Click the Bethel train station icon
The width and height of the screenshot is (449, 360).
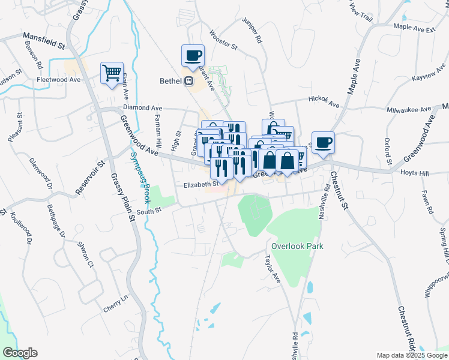tap(188, 81)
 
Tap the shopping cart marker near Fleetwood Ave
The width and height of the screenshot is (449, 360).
tap(112, 74)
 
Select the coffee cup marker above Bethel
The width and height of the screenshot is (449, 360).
tap(193, 56)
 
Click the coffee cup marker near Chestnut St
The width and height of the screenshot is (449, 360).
tap(323, 142)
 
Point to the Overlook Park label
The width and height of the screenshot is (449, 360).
tap(297, 246)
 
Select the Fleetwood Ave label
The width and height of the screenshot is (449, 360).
tap(58, 79)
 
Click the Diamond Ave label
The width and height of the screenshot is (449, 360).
tap(143, 107)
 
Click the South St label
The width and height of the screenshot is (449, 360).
tap(149, 211)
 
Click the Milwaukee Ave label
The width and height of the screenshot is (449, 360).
tap(408, 110)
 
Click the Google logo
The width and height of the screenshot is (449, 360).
tap(20, 352)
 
